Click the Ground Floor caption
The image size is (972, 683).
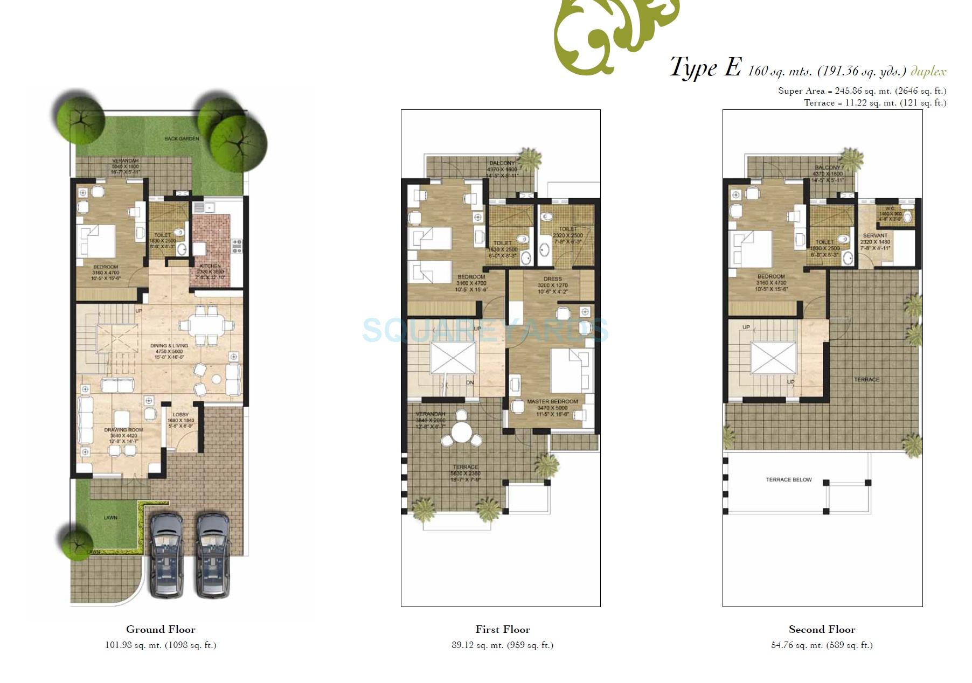161,629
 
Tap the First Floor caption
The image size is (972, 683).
503,629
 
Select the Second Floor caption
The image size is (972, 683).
822,629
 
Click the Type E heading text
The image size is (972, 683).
705,68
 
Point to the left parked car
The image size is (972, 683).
166,555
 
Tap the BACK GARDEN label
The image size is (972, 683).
182,139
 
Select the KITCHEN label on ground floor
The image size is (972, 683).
210,266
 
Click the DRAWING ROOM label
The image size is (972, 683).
123,430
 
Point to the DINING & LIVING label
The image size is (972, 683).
169,346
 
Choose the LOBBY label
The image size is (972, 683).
180,415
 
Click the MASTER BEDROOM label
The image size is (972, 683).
552,402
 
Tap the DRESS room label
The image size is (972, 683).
553,279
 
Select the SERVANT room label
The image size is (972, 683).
875,235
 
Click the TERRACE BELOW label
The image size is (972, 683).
788,479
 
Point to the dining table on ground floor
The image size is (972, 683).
207,325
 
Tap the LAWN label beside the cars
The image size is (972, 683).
110,518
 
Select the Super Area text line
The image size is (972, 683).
862,91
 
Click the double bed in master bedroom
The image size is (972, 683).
570,372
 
